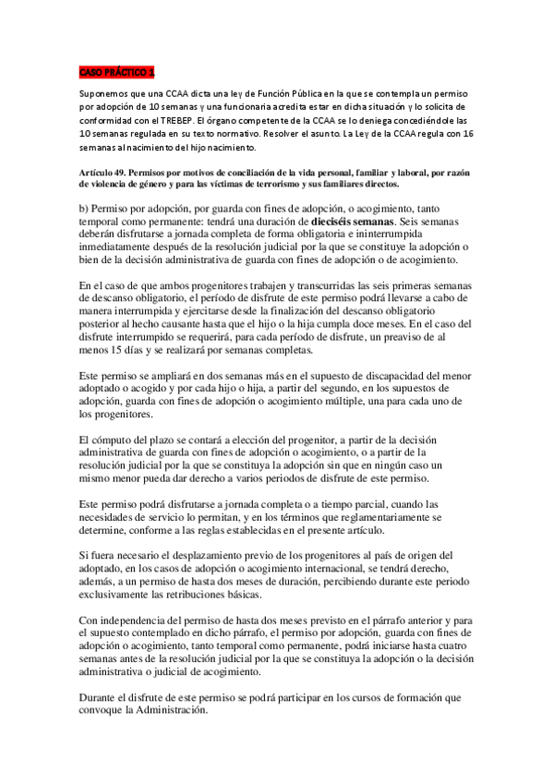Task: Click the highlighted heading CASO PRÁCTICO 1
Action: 117,71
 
